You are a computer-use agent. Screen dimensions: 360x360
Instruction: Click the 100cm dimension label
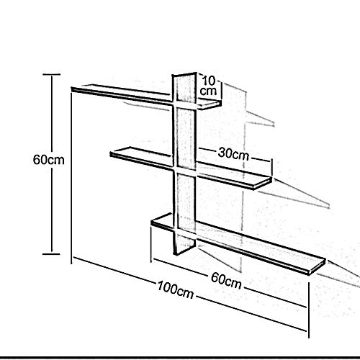[x=176, y=289]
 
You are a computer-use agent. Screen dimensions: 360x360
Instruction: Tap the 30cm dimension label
[x=233, y=153]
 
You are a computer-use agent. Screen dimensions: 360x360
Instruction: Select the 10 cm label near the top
[x=208, y=86]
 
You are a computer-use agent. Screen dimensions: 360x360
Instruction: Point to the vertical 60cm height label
[x=49, y=160]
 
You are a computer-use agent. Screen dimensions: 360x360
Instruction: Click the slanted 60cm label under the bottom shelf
[x=226, y=281]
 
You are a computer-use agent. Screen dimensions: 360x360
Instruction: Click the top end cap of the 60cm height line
[x=51, y=74]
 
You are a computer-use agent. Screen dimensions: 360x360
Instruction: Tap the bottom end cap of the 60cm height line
[x=51, y=253]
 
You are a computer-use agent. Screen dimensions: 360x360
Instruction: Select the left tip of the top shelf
[x=72, y=89]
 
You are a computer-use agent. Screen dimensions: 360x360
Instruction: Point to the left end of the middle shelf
[x=110, y=153]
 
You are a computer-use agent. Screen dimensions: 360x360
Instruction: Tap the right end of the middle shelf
[x=271, y=179]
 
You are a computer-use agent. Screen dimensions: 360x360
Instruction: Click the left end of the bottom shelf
[x=152, y=222]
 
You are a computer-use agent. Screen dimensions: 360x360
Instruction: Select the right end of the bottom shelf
[x=325, y=261]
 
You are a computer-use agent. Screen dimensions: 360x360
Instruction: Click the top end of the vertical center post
[x=184, y=74]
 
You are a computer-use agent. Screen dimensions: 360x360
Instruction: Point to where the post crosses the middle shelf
[x=185, y=170]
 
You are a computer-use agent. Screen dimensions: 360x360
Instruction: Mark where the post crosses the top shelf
[x=185, y=104]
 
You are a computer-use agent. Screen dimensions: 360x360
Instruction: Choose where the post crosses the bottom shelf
[x=185, y=232]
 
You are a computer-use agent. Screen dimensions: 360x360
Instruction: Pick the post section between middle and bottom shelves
[x=185, y=199]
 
